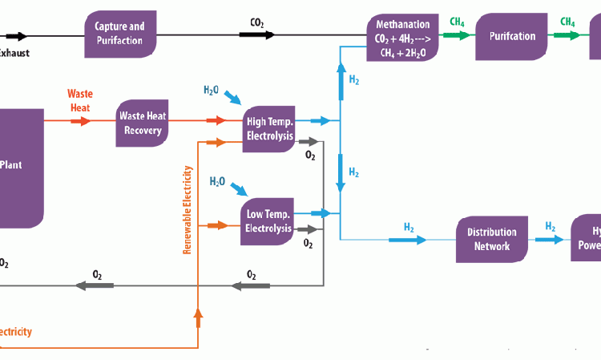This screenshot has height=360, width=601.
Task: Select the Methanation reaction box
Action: [403, 37]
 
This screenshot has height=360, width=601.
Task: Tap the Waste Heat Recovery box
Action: [143, 123]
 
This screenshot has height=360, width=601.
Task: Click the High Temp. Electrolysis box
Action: [269, 129]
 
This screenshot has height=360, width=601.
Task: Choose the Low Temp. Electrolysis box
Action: [268, 221]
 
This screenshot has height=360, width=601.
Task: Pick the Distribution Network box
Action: [492, 239]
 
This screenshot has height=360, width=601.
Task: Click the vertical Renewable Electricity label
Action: [188, 210]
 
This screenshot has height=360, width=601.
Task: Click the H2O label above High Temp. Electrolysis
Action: [211, 90]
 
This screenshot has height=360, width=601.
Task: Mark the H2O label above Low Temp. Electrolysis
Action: [217, 182]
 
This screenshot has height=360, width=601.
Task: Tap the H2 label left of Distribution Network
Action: [408, 228]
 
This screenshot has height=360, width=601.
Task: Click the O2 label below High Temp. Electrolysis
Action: [310, 156]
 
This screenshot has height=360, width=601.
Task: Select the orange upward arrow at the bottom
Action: [197, 319]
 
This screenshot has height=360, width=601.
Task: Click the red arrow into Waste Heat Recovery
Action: [80, 121]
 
